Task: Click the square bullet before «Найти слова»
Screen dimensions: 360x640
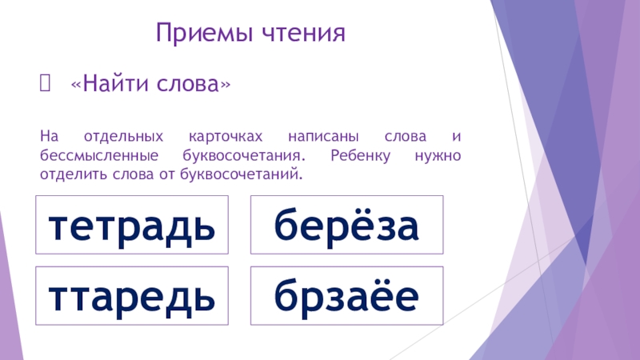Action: coord(44,83)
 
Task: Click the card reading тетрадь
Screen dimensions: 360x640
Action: coord(132,227)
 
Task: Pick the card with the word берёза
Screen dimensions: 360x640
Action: coord(346,227)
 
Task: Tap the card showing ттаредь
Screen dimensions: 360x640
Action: coord(132,297)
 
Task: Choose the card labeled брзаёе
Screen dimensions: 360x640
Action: coord(346,297)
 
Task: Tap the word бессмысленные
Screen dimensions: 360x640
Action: coord(91,154)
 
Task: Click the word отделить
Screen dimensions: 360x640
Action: coord(71,173)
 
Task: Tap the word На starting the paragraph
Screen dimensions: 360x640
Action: coord(48,136)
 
